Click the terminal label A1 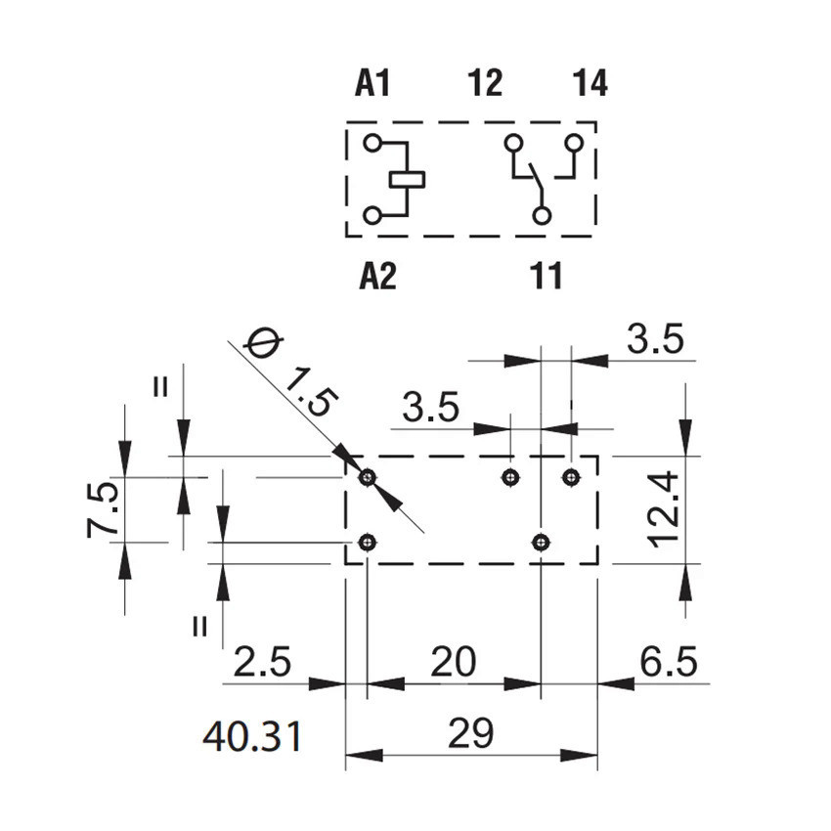coord(372,83)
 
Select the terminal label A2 coord(378,276)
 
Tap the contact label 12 coord(486,83)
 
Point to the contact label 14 coord(590,83)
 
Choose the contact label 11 coord(546,276)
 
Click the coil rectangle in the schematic coord(407,180)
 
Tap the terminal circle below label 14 coord(574,143)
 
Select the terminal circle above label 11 coord(542,216)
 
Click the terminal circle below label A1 coord(372,143)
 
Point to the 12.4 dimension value coord(664,509)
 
